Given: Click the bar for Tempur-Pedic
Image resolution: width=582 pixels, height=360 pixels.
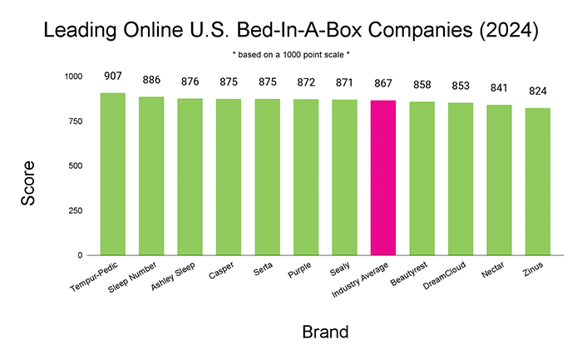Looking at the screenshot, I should [x=113, y=174].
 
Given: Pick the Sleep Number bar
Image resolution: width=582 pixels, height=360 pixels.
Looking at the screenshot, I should [x=151, y=175].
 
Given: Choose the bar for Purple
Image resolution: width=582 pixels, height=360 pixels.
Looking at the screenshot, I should [x=306, y=177].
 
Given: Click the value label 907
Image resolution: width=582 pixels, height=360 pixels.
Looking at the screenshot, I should [x=113, y=76].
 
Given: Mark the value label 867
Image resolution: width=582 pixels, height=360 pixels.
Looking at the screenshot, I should [x=383, y=83].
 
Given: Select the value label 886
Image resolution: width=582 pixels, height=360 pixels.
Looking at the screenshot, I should [x=151, y=80].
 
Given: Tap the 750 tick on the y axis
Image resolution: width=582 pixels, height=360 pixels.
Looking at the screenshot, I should [x=76, y=121].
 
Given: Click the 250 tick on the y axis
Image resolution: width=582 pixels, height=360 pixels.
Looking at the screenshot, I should [x=76, y=211].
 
